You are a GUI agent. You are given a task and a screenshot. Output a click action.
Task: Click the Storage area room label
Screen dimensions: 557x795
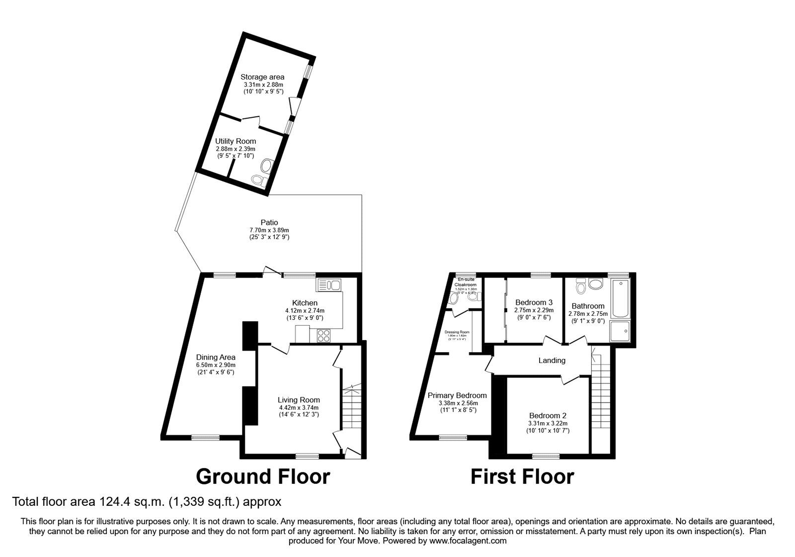(262, 77)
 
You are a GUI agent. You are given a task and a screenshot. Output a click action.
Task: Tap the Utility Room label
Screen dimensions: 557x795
(236, 141)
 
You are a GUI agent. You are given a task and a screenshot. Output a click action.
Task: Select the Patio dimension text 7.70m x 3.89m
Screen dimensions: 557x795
(269, 230)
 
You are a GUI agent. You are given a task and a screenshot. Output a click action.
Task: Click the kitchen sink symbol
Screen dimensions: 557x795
(328, 285)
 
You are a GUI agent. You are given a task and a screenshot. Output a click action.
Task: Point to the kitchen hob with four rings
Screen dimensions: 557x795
(323, 336)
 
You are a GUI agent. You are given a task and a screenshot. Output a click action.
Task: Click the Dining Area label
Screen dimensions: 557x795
(216, 357)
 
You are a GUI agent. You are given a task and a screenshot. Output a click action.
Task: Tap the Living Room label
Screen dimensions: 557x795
(299, 400)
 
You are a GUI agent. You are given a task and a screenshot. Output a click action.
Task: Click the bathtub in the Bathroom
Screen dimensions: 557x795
(620, 298)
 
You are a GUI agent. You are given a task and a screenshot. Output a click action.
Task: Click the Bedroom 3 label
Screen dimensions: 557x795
(534, 302)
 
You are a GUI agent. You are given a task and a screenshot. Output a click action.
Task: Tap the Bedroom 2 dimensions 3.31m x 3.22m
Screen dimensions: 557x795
(548, 423)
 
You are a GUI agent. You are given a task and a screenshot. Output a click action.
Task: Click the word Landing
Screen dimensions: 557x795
(552, 360)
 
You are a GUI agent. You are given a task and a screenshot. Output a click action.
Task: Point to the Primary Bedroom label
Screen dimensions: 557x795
(457, 395)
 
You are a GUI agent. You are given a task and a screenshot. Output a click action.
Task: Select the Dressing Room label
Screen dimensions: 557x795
(457, 332)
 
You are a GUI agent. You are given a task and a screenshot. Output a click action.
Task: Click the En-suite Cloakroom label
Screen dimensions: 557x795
(466, 282)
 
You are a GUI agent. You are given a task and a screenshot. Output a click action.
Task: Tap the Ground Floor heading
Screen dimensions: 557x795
(263, 476)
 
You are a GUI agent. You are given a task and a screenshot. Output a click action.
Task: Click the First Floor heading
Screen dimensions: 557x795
(522, 476)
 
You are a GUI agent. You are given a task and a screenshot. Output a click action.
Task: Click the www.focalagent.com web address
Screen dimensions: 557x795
(468, 541)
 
